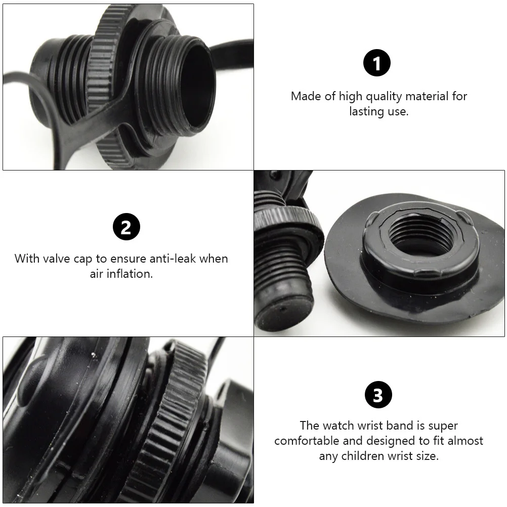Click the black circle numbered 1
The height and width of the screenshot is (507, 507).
[377, 63]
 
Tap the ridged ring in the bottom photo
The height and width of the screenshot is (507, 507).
[167, 420]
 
